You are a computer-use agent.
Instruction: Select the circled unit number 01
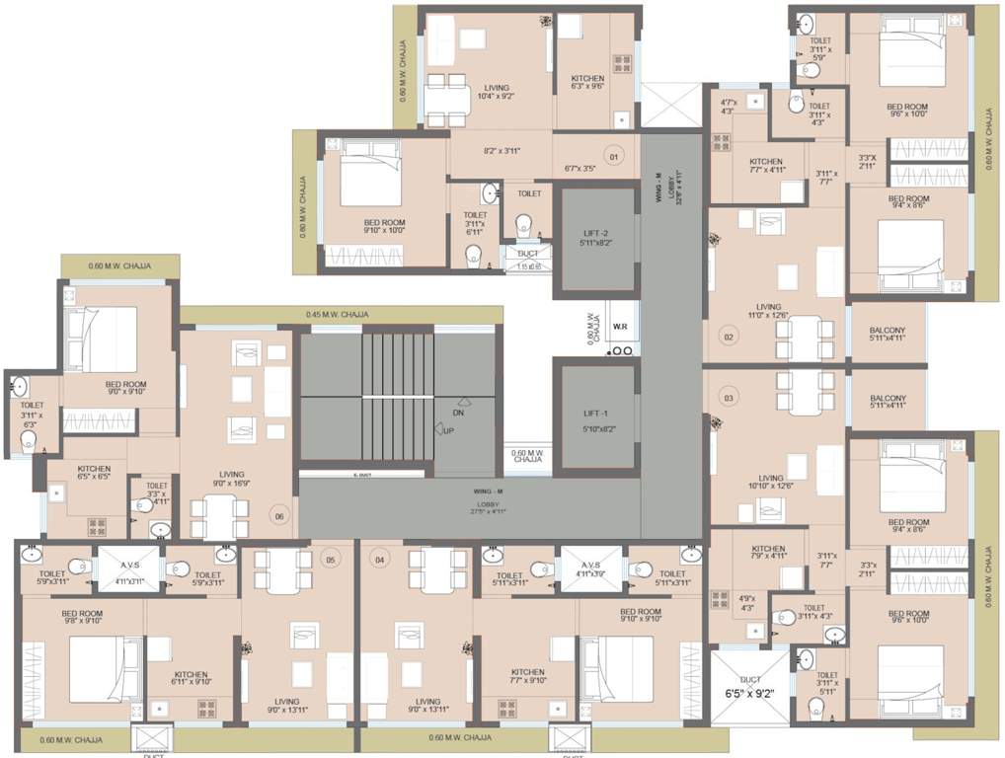[613, 157]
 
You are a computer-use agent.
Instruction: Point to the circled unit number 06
[279, 515]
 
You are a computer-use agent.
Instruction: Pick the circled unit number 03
[730, 399]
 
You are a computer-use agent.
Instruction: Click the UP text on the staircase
[449, 431]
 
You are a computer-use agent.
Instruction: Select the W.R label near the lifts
[621, 326]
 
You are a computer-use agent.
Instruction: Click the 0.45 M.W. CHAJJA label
[338, 315]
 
